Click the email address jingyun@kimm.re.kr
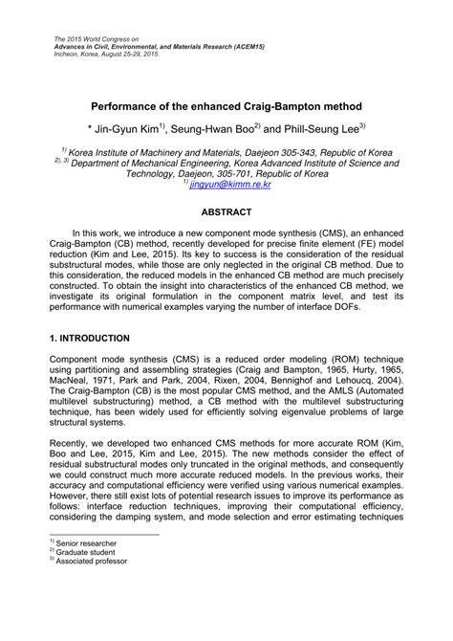227,188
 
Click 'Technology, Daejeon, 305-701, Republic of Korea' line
226,176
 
